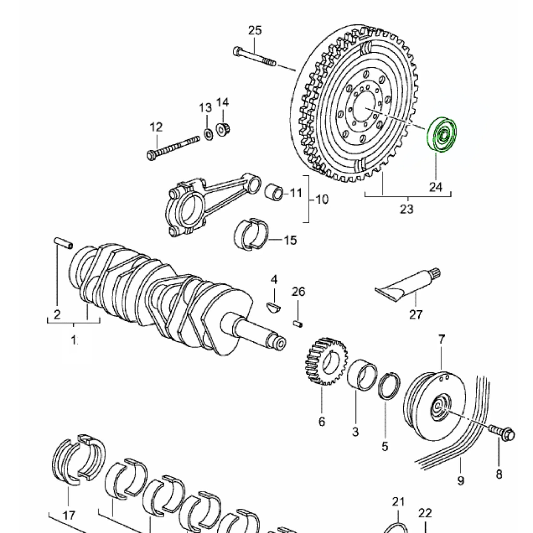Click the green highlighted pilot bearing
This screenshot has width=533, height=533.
point(441,135)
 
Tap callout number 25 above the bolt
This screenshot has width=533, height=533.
point(255,30)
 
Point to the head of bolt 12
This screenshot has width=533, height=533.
point(151,155)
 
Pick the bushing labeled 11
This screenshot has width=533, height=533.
point(274,192)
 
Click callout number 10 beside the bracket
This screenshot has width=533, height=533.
point(322,199)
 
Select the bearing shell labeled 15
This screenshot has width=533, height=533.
point(251,234)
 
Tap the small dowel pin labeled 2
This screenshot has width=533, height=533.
point(63,243)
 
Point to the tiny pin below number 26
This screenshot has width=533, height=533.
point(298,323)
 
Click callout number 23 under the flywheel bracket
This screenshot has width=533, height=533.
point(407,209)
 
